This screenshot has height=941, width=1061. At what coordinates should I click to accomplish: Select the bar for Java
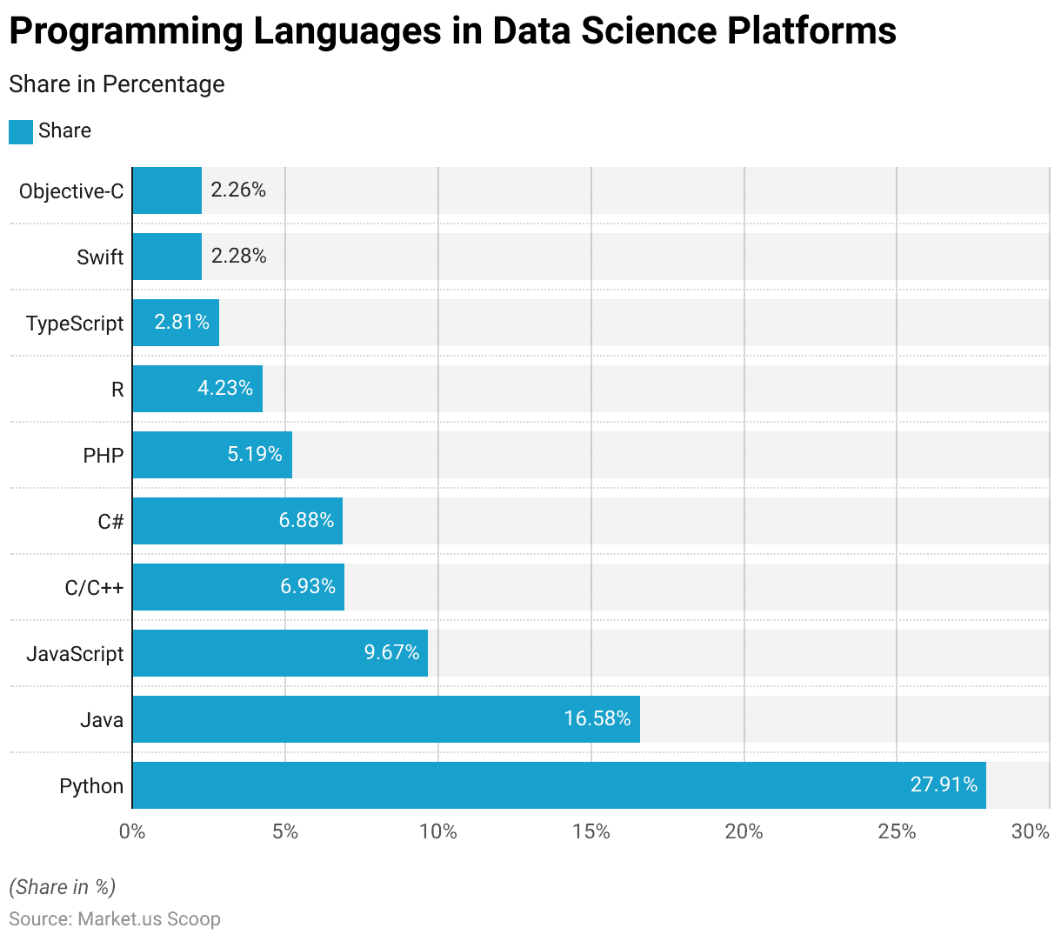point(385,719)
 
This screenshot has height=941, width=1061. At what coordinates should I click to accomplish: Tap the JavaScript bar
point(279,653)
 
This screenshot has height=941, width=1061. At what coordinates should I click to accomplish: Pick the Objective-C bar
point(167,190)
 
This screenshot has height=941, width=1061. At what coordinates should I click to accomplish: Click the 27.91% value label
point(944,784)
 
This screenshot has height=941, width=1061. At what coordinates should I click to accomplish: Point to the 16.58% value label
point(597,718)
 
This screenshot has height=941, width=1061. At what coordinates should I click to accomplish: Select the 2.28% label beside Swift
point(238,256)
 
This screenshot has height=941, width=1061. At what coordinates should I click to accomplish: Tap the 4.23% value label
point(225,388)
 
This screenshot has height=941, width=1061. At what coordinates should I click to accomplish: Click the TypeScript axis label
point(75,324)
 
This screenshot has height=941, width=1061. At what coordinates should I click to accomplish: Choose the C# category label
point(110,522)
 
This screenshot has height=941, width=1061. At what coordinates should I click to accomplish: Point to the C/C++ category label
point(94,588)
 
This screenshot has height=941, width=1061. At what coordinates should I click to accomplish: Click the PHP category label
point(103,456)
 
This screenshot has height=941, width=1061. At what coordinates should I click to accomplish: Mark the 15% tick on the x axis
point(591,832)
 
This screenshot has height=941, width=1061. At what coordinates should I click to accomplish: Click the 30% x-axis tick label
point(1031,832)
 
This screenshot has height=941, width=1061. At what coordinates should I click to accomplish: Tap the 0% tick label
point(132,832)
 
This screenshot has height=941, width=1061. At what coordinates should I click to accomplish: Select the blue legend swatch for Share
point(21,131)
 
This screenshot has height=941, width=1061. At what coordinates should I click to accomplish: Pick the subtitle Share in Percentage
point(117,84)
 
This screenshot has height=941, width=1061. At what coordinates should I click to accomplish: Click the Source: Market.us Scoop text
point(115,919)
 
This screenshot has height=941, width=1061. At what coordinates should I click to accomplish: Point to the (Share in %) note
point(62,887)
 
